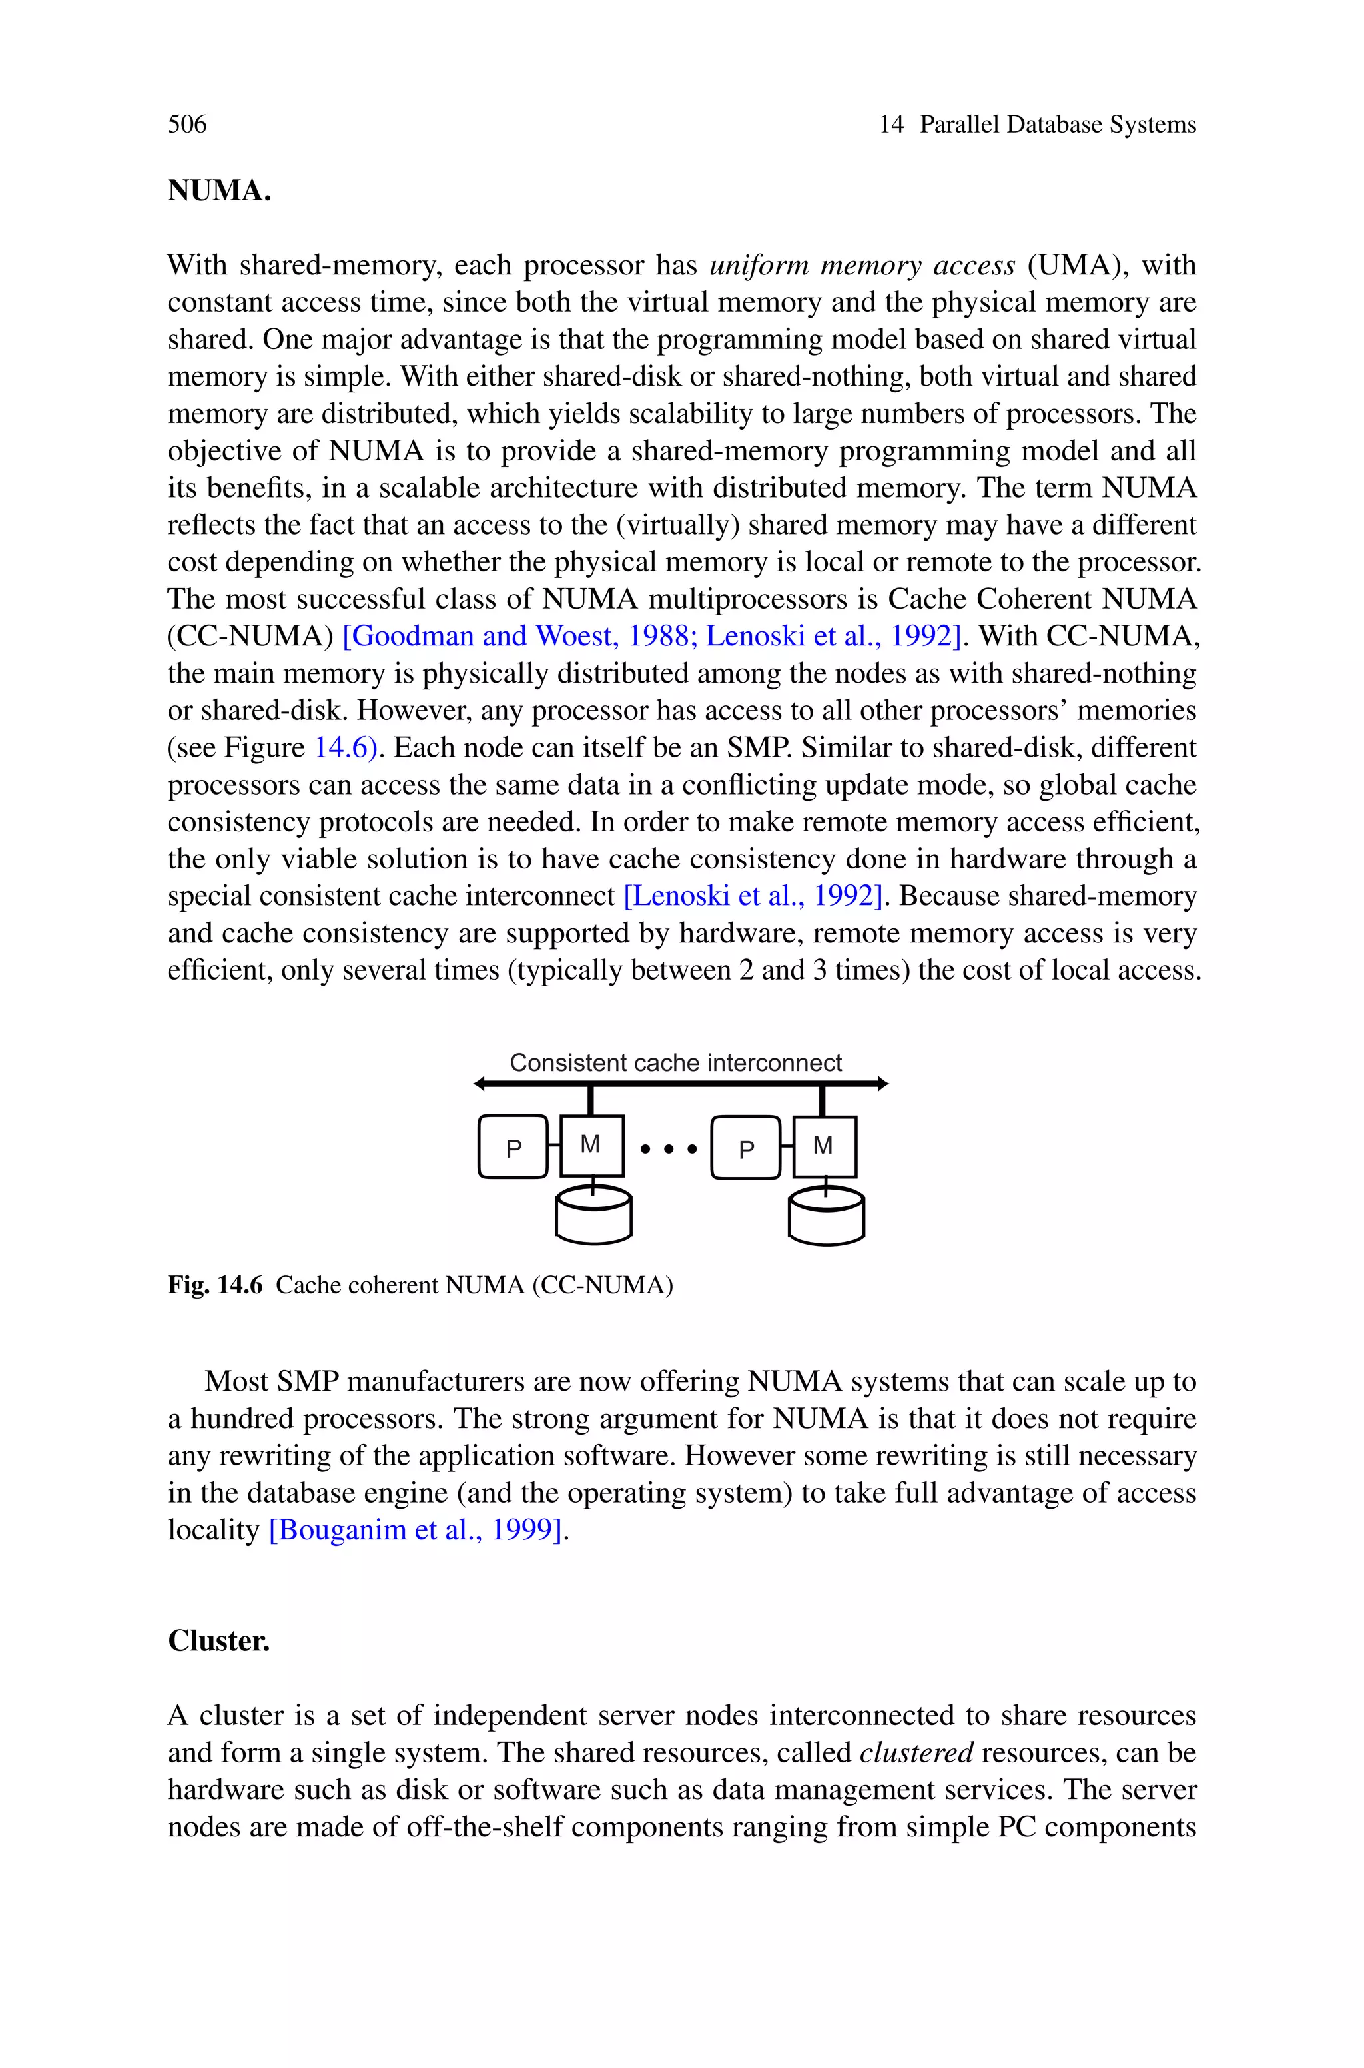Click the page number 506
[x=187, y=125]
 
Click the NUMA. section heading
[x=219, y=190]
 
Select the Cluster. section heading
[x=218, y=1641]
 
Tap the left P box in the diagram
[x=513, y=1148]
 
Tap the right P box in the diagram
[x=745, y=1148]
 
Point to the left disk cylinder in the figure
[x=593, y=1215]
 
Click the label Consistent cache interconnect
[x=675, y=1063]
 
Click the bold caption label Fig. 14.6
[x=215, y=1285]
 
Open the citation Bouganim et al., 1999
[x=416, y=1530]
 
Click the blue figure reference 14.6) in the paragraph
[x=346, y=748]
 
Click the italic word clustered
[x=916, y=1752]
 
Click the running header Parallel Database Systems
[x=1058, y=125]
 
